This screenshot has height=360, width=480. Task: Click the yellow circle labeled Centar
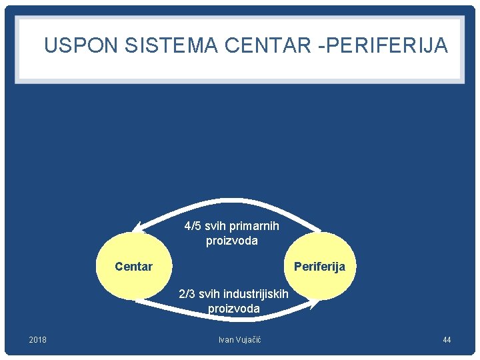[x=133, y=267]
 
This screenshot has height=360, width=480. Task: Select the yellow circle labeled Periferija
[x=319, y=267]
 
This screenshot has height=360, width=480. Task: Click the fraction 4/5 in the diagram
[x=193, y=226]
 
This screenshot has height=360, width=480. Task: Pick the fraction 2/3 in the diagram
[x=187, y=294]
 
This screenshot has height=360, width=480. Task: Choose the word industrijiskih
[x=256, y=294]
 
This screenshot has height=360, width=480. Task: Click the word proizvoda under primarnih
[x=231, y=241]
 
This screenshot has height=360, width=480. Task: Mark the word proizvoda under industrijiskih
[x=233, y=309]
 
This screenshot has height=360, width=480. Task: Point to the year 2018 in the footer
[x=38, y=340]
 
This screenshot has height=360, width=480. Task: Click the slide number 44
[x=447, y=340]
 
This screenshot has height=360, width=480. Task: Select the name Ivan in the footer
[x=226, y=340]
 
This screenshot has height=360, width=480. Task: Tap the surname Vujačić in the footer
[x=249, y=340]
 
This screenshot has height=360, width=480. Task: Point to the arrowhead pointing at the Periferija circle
[x=314, y=305]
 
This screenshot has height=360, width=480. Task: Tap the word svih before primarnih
[x=215, y=226]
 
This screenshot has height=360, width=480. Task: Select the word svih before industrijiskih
[x=210, y=294]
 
